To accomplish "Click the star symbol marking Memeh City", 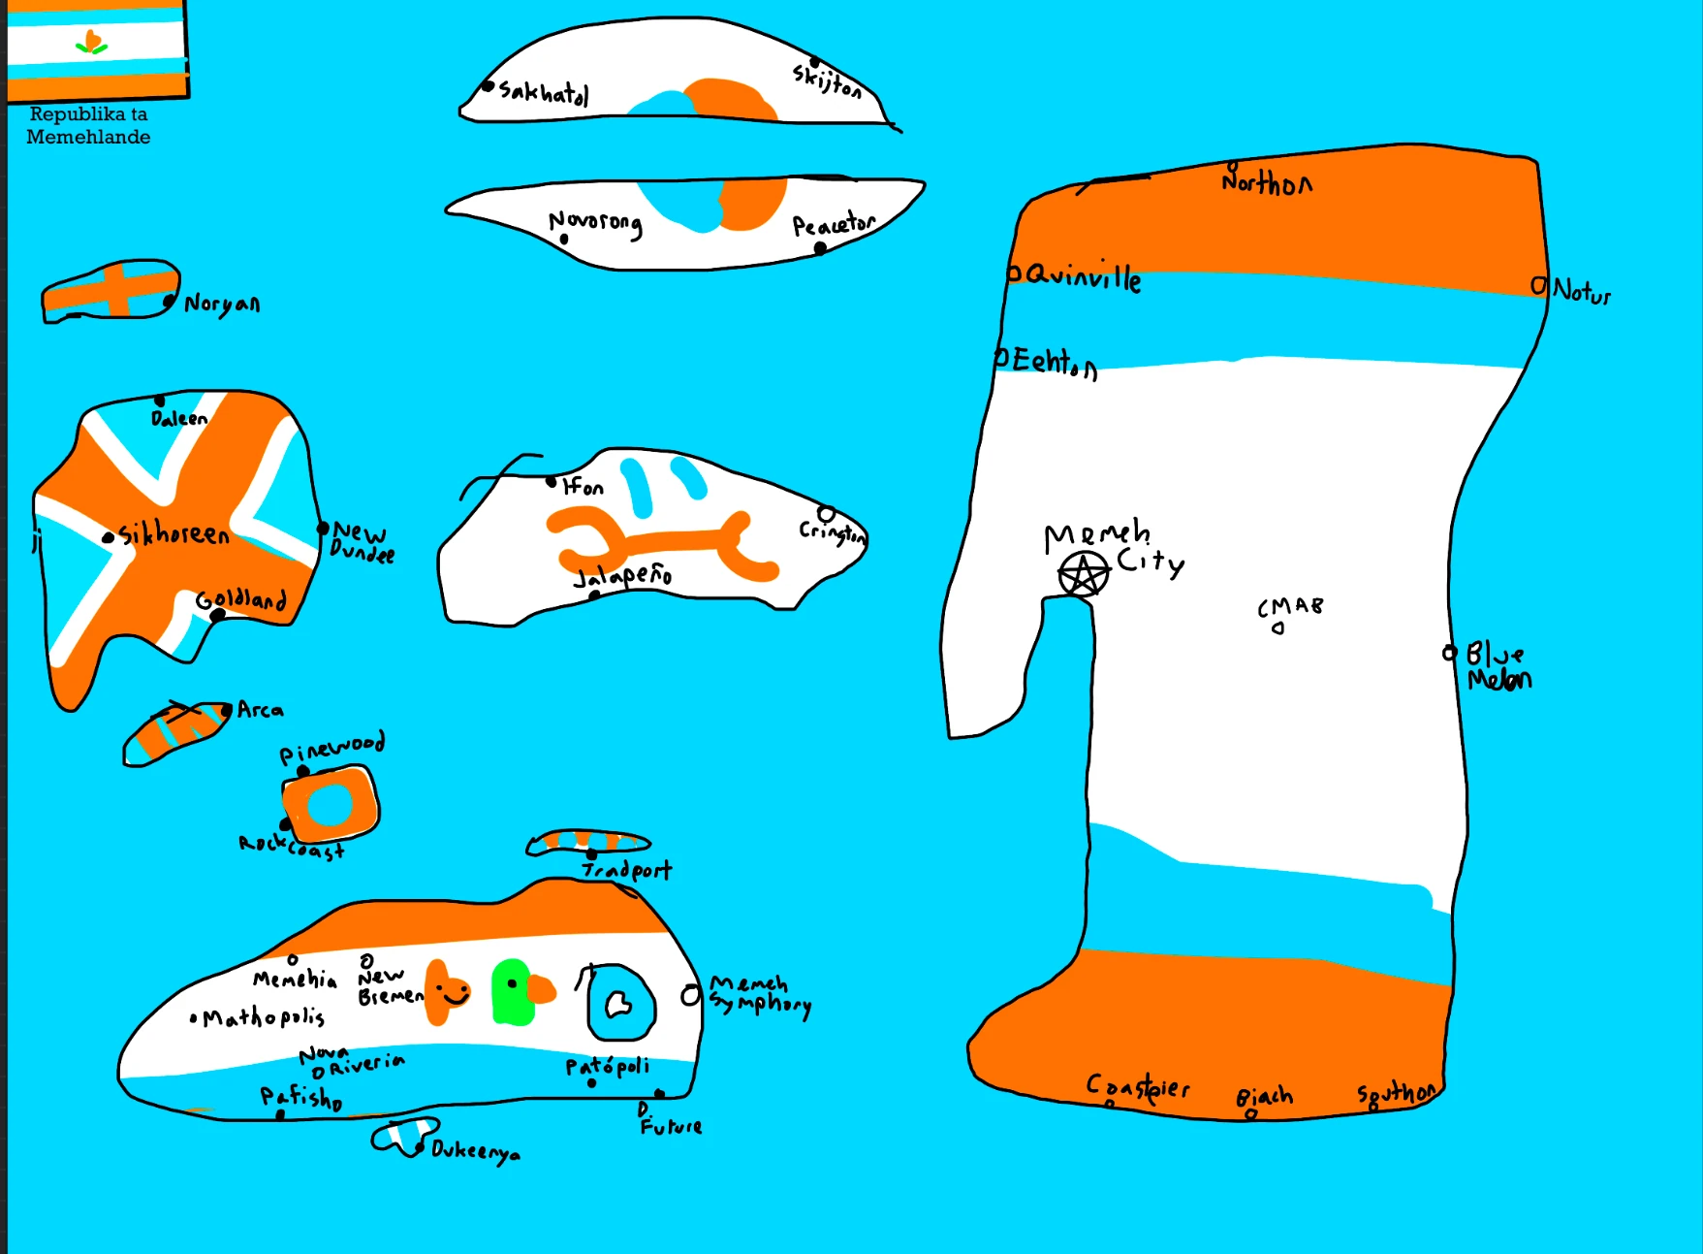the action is [x=1083, y=573].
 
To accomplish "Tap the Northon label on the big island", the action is [x=1267, y=182].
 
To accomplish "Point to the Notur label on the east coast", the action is [x=1581, y=291].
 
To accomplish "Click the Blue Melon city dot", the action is [x=1449, y=653].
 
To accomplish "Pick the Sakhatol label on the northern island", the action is [x=543, y=92].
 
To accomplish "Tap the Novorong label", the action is [x=595, y=223].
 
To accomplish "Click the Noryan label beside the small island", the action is [x=222, y=304].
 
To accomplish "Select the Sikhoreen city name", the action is [x=174, y=533].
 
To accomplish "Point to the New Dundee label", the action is [x=363, y=543].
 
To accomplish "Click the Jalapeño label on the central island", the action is [x=622, y=576].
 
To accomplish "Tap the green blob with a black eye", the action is [x=512, y=992].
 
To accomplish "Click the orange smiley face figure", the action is [x=447, y=991].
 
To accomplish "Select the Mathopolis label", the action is [x=263, y=1017].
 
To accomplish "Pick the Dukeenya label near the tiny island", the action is [x=475, y=1151].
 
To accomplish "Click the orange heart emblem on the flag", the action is [x=92, y=42].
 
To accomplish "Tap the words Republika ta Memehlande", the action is [x=88, y=126].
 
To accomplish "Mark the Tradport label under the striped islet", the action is [x=627, y=870].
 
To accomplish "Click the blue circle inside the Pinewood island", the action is [x=330, y=803].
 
